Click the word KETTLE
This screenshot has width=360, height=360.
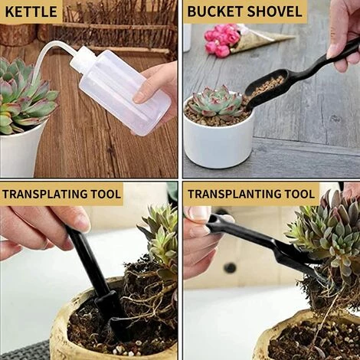(x=31, y=11)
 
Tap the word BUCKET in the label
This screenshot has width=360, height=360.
(x=215, y=11)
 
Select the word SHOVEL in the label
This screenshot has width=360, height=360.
(x=275, y=11)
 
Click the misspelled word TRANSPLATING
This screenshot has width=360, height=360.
(x=44, y=194)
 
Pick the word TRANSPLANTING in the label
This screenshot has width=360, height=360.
(x=234, y=194)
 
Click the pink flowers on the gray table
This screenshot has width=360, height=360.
(x=221, y=40)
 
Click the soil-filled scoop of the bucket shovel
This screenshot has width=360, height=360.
(x=266, y=90)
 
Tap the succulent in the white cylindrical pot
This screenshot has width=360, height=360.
(x=218, y=102)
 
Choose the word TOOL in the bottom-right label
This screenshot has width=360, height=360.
(x=299, y=194)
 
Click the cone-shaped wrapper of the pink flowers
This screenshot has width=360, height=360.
(x=258, y=41)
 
